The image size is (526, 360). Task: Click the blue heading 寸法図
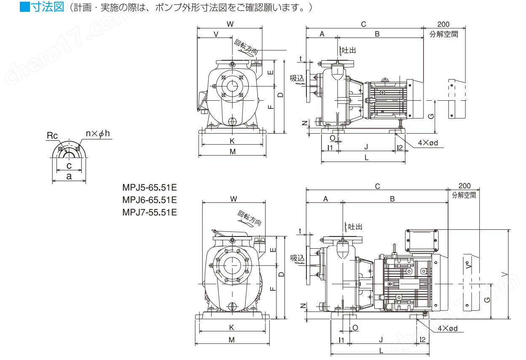(47, 7)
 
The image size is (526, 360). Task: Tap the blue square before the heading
(25, 7)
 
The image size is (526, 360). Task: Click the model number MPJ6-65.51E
(150, 200)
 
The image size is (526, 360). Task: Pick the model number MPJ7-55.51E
(150, 212)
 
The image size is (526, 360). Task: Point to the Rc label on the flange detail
(52, 135)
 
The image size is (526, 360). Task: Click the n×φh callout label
(98, 134)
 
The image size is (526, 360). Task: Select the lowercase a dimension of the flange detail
(69, 177)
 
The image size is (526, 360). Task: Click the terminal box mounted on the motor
(422, 240)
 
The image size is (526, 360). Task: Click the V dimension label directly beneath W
(216, 35)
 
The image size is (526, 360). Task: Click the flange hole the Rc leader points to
(61, 149)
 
